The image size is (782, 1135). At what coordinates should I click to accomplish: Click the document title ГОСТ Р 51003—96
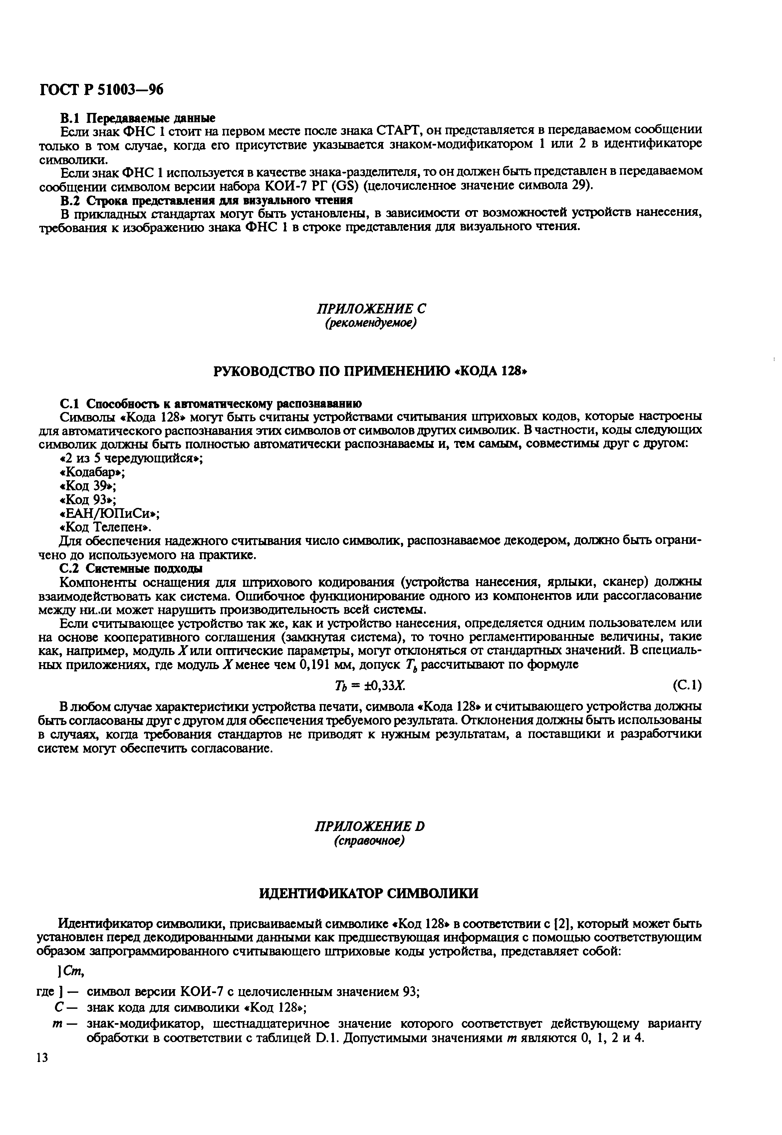click(x=101, y=89)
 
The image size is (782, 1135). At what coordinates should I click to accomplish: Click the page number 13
click(x=43, y=1057)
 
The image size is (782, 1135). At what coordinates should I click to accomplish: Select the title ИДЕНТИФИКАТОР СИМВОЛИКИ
click(x=369, y=894)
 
